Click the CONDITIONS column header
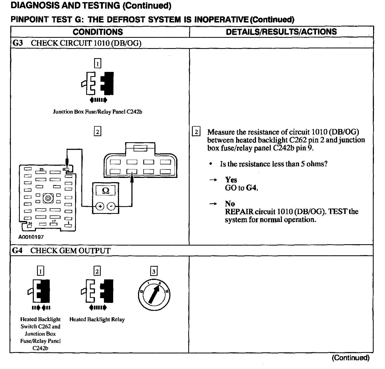[x=98, y=32]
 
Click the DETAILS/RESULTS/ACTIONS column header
[x=281, y=32]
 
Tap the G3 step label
[x=18, y=43]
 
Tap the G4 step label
[x=17, y=251]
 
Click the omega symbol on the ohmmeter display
[x=106, y=191]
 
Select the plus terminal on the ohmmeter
[x=100, y=206]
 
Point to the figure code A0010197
[x=31, y=237]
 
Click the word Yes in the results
[x=231, y=180]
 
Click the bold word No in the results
[x=230, y=204]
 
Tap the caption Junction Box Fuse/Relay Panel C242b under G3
[x=98, y=112]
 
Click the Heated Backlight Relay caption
[x=97, y=320]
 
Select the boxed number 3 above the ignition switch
[x=154, y=271]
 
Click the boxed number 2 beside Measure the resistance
[x=196, y=132]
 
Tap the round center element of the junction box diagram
[x=48, y=198]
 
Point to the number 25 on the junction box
[x=42, y=169]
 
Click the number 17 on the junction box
[x=54, y=221]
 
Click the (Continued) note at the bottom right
[x=351, y=358]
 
